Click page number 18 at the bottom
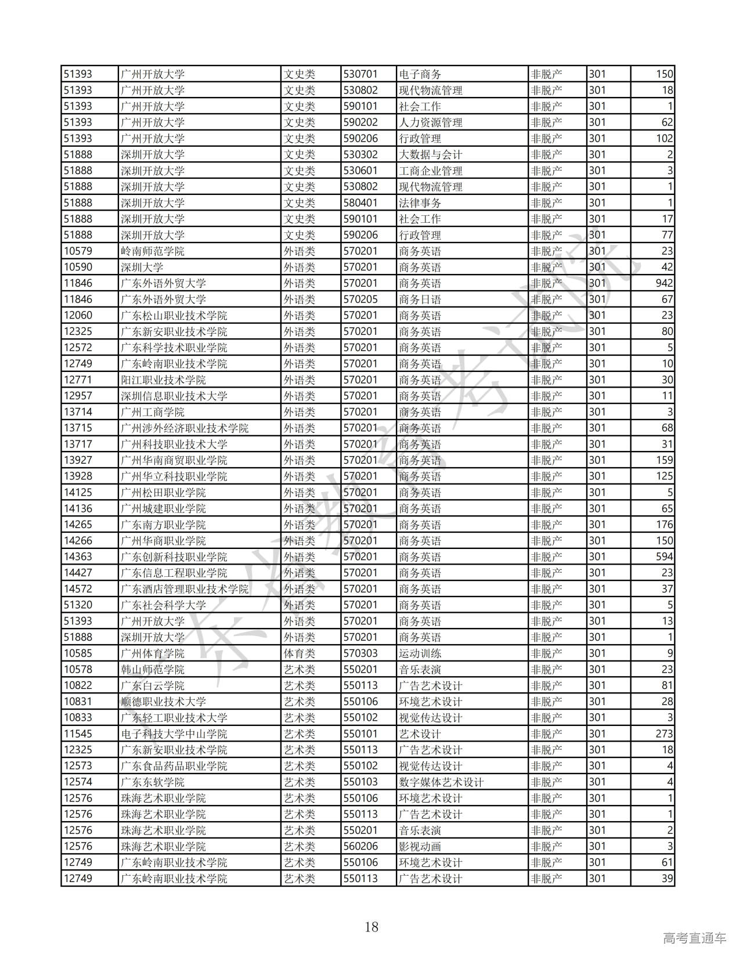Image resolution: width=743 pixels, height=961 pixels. [371, 926]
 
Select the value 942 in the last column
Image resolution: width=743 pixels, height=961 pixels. [663, 283]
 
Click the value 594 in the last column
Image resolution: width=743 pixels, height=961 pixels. [663, 557]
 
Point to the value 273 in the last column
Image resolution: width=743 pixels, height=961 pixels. [663, 734]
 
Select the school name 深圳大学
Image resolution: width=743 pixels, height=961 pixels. [142, 268]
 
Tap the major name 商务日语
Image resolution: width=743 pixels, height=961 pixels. [420, 299]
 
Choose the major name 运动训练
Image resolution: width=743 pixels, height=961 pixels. [420, 653]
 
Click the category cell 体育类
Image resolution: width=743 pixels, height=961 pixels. [300, 653]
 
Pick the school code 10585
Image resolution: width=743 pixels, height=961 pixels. [78, 653]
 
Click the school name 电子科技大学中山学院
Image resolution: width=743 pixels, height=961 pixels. [174, 734]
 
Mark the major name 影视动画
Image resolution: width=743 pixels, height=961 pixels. [420, 846]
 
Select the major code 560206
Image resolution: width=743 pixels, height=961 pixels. [360, 846]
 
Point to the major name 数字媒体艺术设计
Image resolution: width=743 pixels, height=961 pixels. [442, 782]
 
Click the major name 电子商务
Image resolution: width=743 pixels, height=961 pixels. [420, 74]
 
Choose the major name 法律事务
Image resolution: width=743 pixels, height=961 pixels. [420, 203]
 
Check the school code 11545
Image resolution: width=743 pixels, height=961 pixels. [78, 734]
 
